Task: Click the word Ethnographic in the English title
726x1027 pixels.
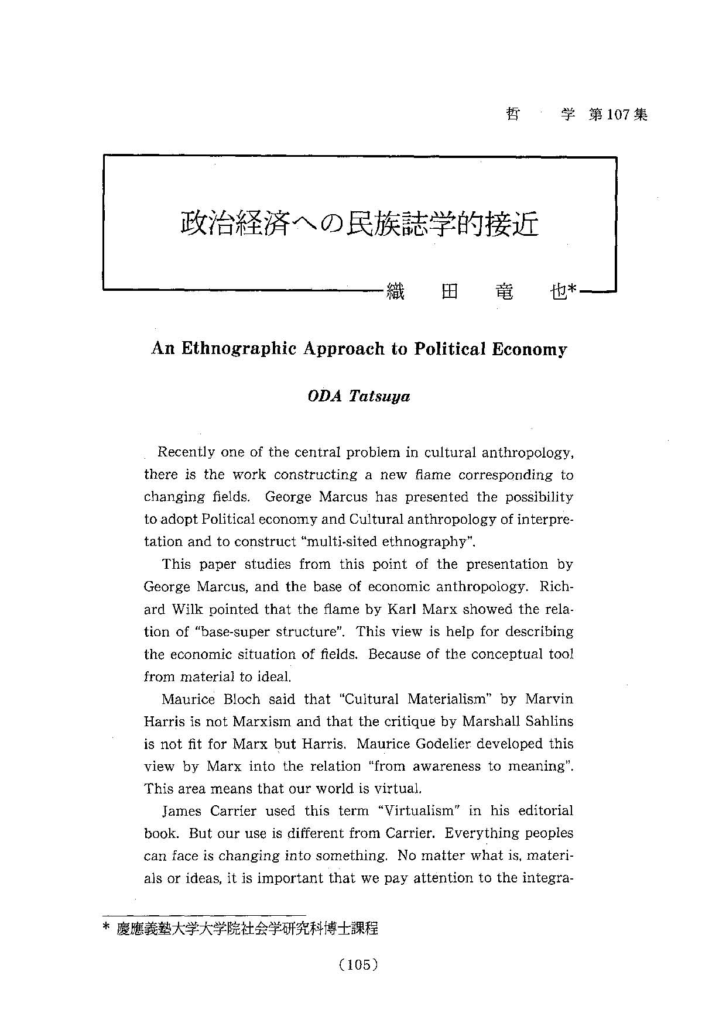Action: click(240, 349)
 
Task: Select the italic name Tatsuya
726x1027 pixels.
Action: click(379, 396)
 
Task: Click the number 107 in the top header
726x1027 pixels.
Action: click(618, 115)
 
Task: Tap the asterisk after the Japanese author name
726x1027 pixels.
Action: click(573, 289)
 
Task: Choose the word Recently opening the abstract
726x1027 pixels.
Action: click(187, 452)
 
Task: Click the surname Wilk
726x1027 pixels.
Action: click(187, 609)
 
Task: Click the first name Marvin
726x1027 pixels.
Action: click(549, 699)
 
